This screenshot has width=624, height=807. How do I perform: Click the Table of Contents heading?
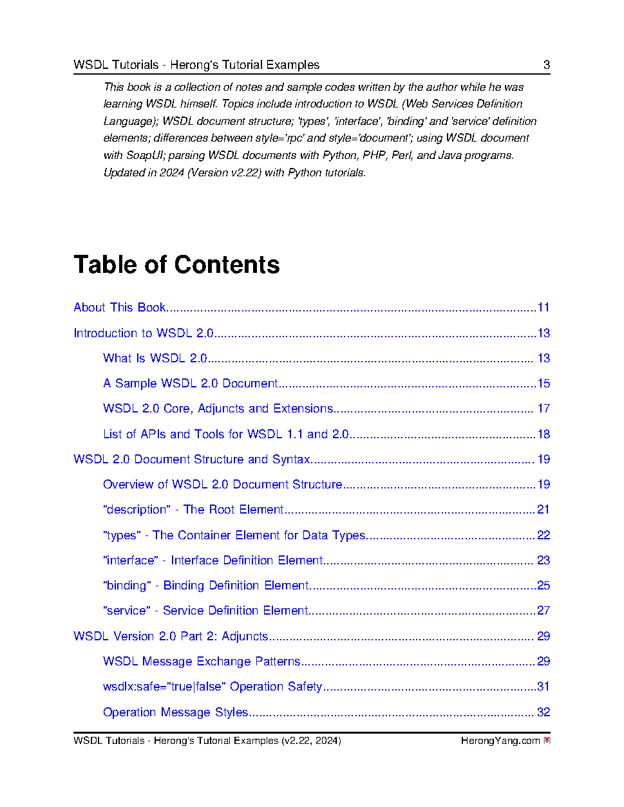(176, 264)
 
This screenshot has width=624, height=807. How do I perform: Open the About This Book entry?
(120, 308)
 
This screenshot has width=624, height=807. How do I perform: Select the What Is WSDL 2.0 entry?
(155, 358)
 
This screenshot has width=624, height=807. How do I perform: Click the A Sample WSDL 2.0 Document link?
(191, 384)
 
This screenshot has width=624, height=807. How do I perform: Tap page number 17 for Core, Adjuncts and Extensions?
(544, 409)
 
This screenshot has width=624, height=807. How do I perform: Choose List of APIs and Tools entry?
(225, 434)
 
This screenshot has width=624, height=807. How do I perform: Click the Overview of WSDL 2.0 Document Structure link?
(222, 485)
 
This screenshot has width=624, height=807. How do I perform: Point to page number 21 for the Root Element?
(544, 510)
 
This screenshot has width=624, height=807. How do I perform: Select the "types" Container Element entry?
(234, 535)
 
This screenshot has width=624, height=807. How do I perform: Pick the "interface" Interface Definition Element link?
(213, 561)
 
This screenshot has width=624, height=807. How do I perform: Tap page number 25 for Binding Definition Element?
(544, 586)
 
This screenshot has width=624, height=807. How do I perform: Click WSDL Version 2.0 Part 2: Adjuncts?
(171, 636)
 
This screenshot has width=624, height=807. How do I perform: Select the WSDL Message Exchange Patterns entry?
(202, 662)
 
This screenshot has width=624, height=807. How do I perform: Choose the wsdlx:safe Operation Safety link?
(213, 687)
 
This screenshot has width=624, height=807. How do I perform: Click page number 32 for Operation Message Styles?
(544, 712)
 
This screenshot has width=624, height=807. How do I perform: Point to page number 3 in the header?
(547, 64)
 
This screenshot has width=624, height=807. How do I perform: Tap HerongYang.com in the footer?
(500, 741)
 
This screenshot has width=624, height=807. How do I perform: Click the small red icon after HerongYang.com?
(547, 741)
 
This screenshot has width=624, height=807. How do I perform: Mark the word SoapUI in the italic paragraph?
(145, 155)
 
